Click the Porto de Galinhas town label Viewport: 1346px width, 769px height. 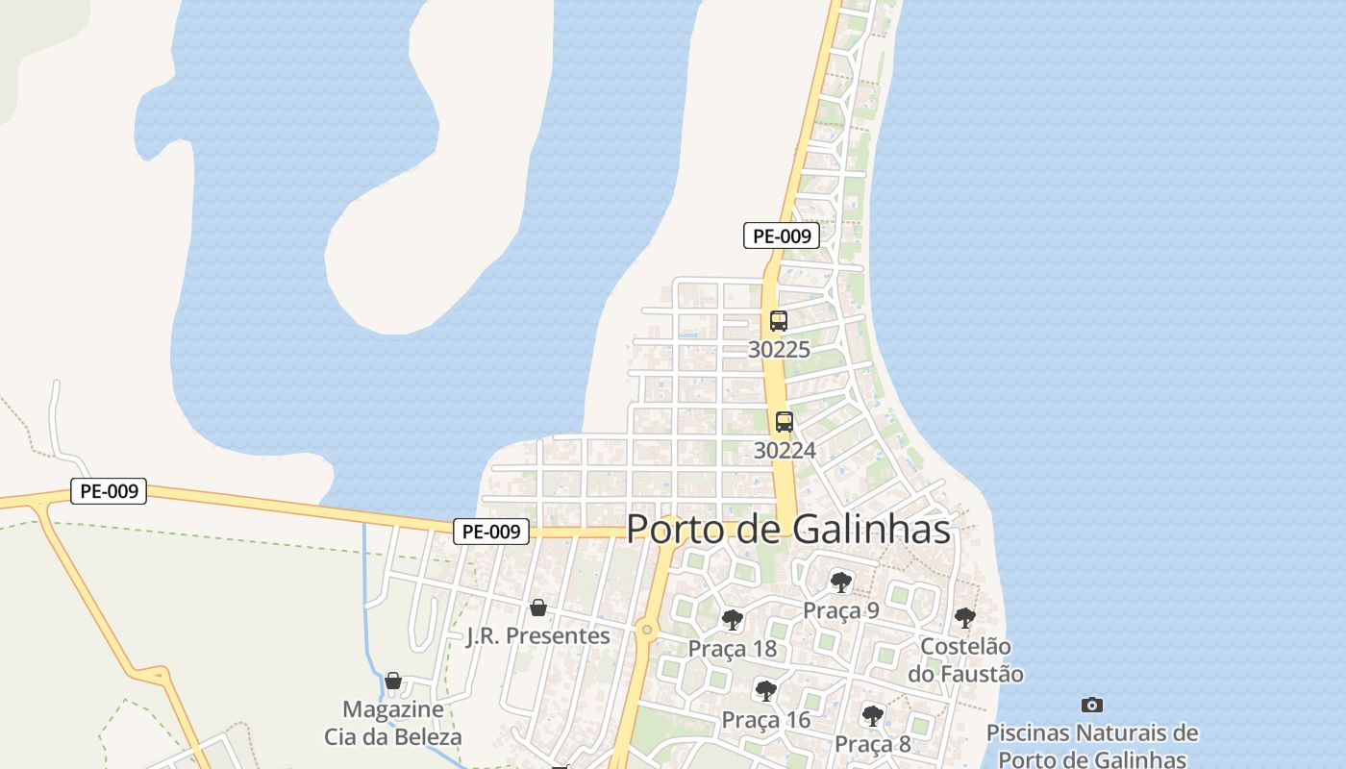[x=788, y=530]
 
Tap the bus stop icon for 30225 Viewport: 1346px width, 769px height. [x=779, y=321]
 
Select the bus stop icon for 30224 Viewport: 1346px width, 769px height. [x=785, y=421]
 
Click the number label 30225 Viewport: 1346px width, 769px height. [x=779, y=350]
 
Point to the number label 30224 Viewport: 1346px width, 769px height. [x=785, y=450]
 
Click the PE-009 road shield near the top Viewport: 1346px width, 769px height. [x=782, y=236]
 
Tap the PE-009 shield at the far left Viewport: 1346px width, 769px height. [x=109, y=491]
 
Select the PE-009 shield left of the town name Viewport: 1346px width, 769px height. [x=491, y=531]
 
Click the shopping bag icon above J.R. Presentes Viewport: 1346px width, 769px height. [x=538, y=608]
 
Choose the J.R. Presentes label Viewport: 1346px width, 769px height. [x=538, y=635]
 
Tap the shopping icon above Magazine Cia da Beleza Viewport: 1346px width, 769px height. [x=393, y=681]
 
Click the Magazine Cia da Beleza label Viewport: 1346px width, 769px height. [x=393, y=724]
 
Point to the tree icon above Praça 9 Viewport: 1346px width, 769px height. [x=841, y=582]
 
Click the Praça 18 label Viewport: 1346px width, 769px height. [x=733, y=649]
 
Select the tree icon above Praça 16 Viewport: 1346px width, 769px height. [x=766, y=690]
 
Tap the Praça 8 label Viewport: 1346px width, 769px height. [x=873, y=743]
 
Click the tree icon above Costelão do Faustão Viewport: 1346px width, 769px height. [x=965, y=618]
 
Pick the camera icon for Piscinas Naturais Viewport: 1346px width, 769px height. [x=1091, y=705]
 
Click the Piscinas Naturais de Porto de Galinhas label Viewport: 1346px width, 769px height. [x=1092, y=746]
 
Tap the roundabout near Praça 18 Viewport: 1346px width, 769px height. [x=647, y=631]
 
